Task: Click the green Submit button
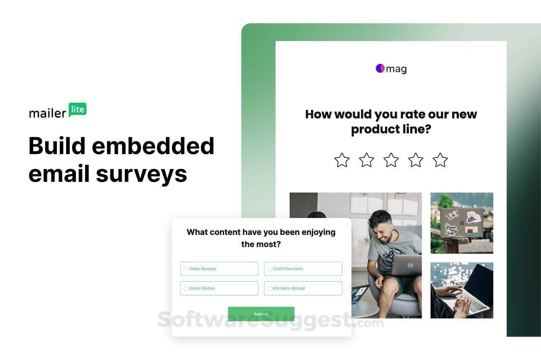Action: coord(261,314)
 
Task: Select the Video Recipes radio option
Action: coord(185,269)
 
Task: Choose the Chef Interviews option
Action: coord(269,269)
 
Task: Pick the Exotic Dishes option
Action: coord(185,288)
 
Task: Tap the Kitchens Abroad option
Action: coord(269,288)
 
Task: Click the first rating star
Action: coord(342,160)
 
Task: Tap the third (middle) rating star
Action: coord(391,160)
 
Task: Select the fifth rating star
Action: coord(440,160)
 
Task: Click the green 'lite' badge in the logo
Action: coord(78,109)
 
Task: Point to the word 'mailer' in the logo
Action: coord(47,113)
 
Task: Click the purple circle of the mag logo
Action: coord(380,68)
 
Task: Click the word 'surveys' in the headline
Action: coord(141,174)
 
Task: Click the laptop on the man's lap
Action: coord(407,265)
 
